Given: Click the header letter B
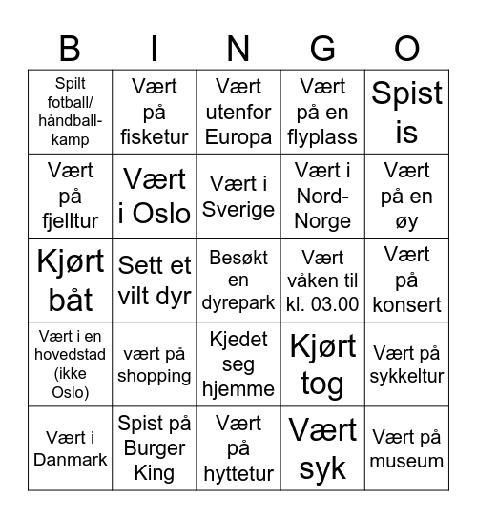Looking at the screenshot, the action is point(70,48).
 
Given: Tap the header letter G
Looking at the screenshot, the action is point(322,48).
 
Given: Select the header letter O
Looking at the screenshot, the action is point(407,48).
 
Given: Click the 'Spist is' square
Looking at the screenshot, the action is point(407,113).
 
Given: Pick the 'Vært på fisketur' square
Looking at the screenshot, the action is point(155,113).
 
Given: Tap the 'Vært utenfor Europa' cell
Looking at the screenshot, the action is point(238,113).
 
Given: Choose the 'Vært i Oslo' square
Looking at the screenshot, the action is point(155,197).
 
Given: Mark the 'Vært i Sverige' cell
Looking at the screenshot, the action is point(238,197).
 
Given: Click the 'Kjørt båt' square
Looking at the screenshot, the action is point(70,280).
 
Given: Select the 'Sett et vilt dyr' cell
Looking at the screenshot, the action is point(155,280).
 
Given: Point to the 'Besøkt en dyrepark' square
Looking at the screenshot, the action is point(238,280).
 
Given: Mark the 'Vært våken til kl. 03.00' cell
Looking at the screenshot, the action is point(322,280).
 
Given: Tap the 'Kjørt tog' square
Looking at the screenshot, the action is point(322,364).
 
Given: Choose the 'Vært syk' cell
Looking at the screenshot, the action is point(322,448).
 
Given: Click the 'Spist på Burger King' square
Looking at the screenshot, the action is point(155,448).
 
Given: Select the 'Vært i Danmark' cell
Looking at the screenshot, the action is point(70,448).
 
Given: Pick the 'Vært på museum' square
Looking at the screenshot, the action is point(407,448).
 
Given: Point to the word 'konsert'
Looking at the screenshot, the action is point(407,305).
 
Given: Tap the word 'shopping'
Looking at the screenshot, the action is point(155,376).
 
